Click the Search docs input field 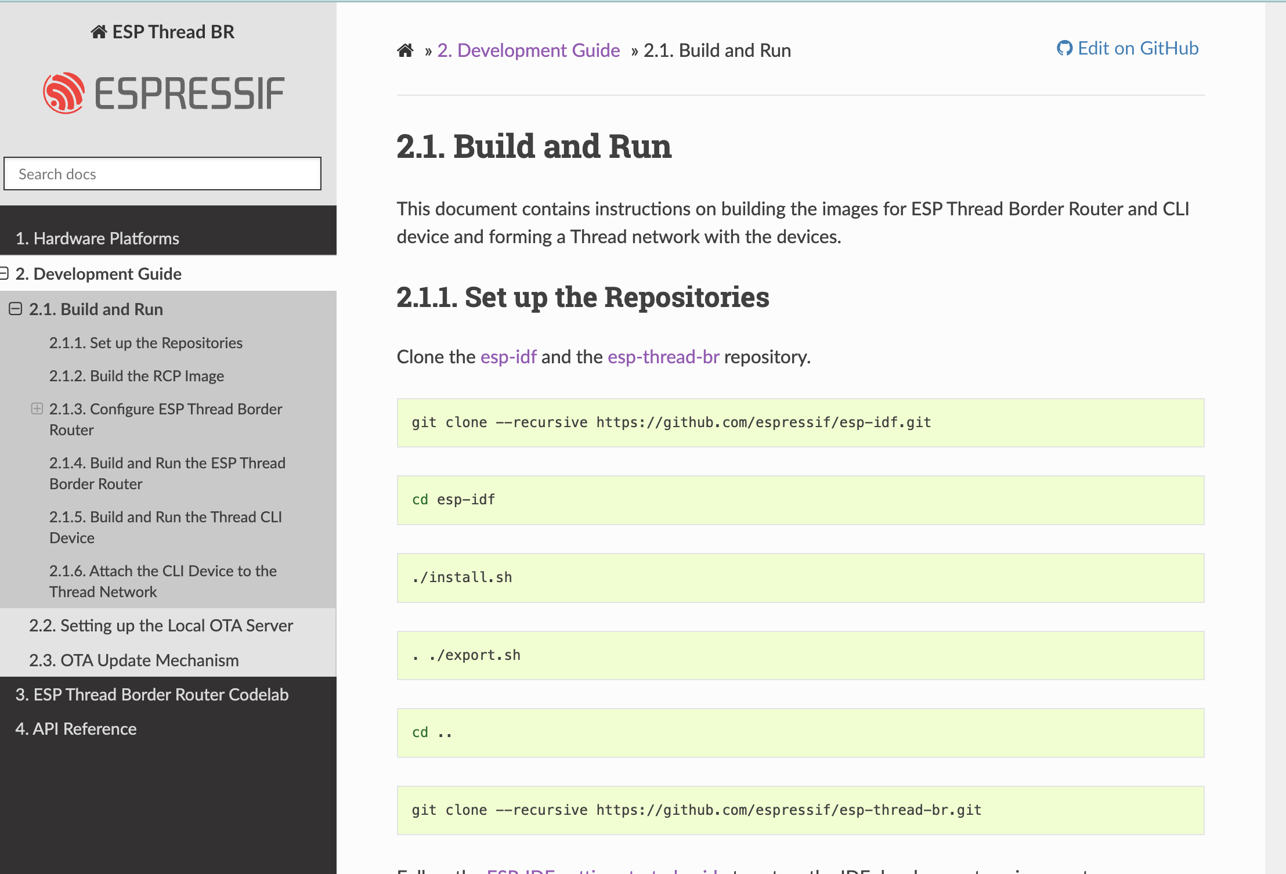coord(162,174)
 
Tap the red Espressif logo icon coord(64,93)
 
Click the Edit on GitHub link coord(1128,48)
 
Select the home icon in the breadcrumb coord(405,50)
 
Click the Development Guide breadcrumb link coord(528,50)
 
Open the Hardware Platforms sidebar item coord(97,239)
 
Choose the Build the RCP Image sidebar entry coord(136,376)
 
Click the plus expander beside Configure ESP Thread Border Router coord(37,409)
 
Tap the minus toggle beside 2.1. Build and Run coord(16,309)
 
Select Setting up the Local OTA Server coord(161,626)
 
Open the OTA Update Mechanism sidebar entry coord(133,660)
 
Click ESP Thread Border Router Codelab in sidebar coord(151,695)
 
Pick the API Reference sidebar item coord(76,729)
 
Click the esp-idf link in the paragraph coord(508,357)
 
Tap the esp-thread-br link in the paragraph coord(663,357)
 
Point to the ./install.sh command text coord(462,577)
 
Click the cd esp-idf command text coord(453,500)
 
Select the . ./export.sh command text coord(466,655)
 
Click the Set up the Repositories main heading coord(583,297)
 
